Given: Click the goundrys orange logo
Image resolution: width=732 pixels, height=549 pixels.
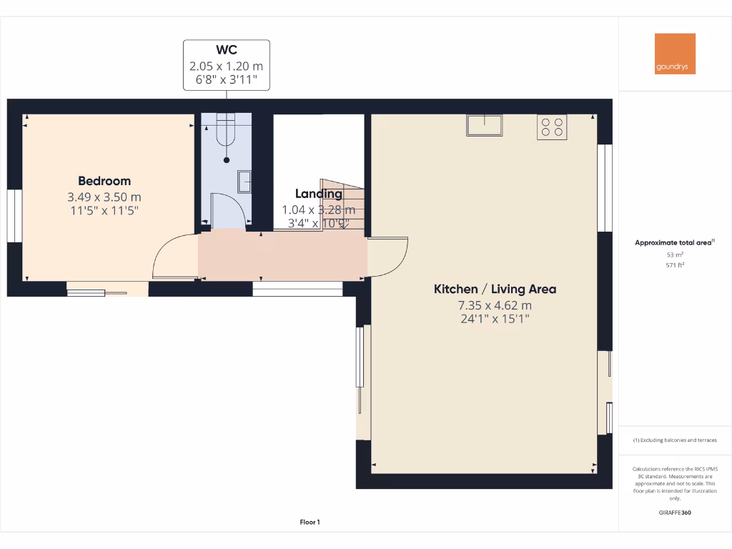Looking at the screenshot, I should point(675,54).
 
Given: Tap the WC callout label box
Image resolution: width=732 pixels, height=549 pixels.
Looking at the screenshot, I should point(227,65).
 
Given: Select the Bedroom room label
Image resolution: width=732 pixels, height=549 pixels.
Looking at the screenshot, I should point(104,181).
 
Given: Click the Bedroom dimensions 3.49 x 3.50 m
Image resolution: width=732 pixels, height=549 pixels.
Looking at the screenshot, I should point(104,197).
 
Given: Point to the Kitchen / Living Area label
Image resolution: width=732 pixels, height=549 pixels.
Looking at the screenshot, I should point(495,290).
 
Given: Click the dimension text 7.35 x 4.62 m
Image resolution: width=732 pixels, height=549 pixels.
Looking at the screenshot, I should point(495,305).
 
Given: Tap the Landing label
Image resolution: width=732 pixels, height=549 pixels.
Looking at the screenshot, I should point(318,194).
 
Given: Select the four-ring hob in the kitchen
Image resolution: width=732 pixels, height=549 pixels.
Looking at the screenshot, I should point(552,127).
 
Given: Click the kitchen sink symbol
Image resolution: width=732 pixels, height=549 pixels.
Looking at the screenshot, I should point(484,124).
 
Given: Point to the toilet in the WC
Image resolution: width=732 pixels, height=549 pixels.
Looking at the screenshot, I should point(227,133).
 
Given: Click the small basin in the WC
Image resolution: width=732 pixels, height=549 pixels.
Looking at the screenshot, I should point(244,182).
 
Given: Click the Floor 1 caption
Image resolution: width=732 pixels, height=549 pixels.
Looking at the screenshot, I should point(310,523).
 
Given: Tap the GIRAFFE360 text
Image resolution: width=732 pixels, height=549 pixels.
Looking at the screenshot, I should point(675,513).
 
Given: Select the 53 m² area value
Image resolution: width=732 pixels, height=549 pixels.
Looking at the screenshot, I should point(675,254).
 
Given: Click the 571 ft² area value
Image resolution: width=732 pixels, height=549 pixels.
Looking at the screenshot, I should point(675,264).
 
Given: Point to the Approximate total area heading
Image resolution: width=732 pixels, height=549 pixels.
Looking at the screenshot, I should point(673,243).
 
